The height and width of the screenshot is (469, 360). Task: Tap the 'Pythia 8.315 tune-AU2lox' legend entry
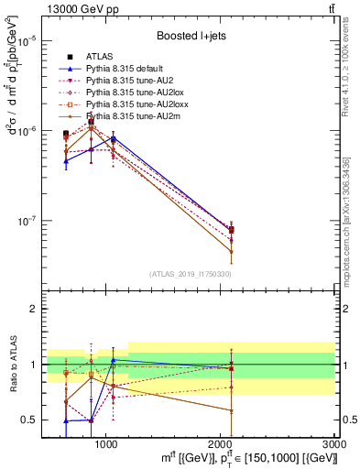point(133,93)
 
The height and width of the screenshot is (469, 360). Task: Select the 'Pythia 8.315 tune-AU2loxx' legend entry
point(135,105)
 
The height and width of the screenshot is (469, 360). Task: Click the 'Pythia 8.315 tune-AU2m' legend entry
point(130,117)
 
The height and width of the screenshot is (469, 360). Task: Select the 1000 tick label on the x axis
point(105,442)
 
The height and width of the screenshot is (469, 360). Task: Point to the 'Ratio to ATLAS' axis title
point(12,365)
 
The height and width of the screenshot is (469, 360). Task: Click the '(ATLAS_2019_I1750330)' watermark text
point(190,274)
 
